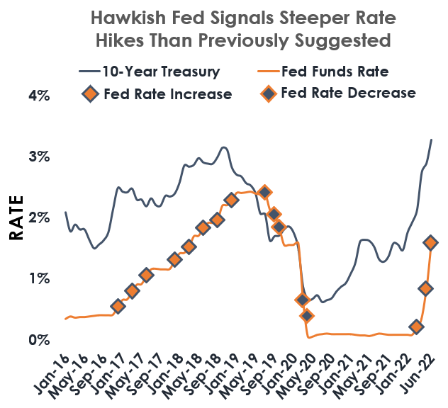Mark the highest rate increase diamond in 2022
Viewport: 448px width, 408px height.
[x=430, y=242]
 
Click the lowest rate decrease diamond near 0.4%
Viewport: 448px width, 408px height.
[x=306, y=316]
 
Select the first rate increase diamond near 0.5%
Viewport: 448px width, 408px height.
[x=118, y=306]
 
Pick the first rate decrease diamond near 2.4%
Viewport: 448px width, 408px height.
[x=264, y=192]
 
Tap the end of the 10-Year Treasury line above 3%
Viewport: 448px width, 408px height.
[x=432, y=140]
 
